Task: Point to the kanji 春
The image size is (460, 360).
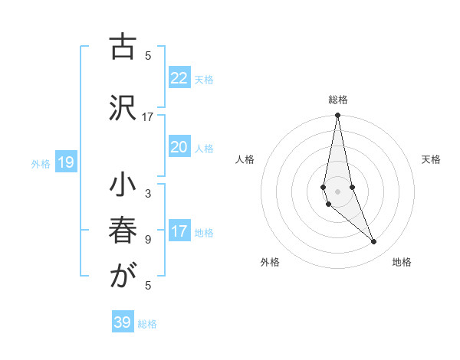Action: point(122,233)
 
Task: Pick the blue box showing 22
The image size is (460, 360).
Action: point(179,78)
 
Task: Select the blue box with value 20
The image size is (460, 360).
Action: point(179,147)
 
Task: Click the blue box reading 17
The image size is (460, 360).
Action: point(179,231)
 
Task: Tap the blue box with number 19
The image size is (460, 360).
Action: point(65,162)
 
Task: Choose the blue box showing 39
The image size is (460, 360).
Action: point(123,322)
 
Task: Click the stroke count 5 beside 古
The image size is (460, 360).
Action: point(148,55)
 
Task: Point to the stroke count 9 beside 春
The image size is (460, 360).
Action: point(148,239)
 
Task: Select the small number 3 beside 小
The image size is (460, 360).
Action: point(148,194)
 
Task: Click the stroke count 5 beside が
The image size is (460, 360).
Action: point(148,286)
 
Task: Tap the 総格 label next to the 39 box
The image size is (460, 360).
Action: point(147,324)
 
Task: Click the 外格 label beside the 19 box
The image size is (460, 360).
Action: point(40,164)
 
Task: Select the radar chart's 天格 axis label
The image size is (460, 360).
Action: point(432,159)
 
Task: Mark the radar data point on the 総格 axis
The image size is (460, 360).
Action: point(337,116)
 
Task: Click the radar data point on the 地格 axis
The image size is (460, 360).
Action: point(374,242)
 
